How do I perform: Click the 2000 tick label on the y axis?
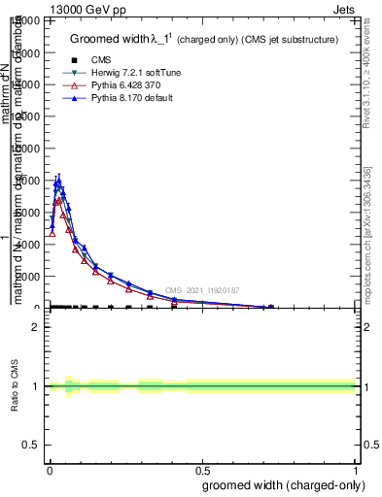point(32,277)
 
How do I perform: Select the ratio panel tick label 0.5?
point(34,445)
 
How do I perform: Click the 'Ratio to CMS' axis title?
point(15,386)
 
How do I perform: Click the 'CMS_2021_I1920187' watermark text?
point(202,290)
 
